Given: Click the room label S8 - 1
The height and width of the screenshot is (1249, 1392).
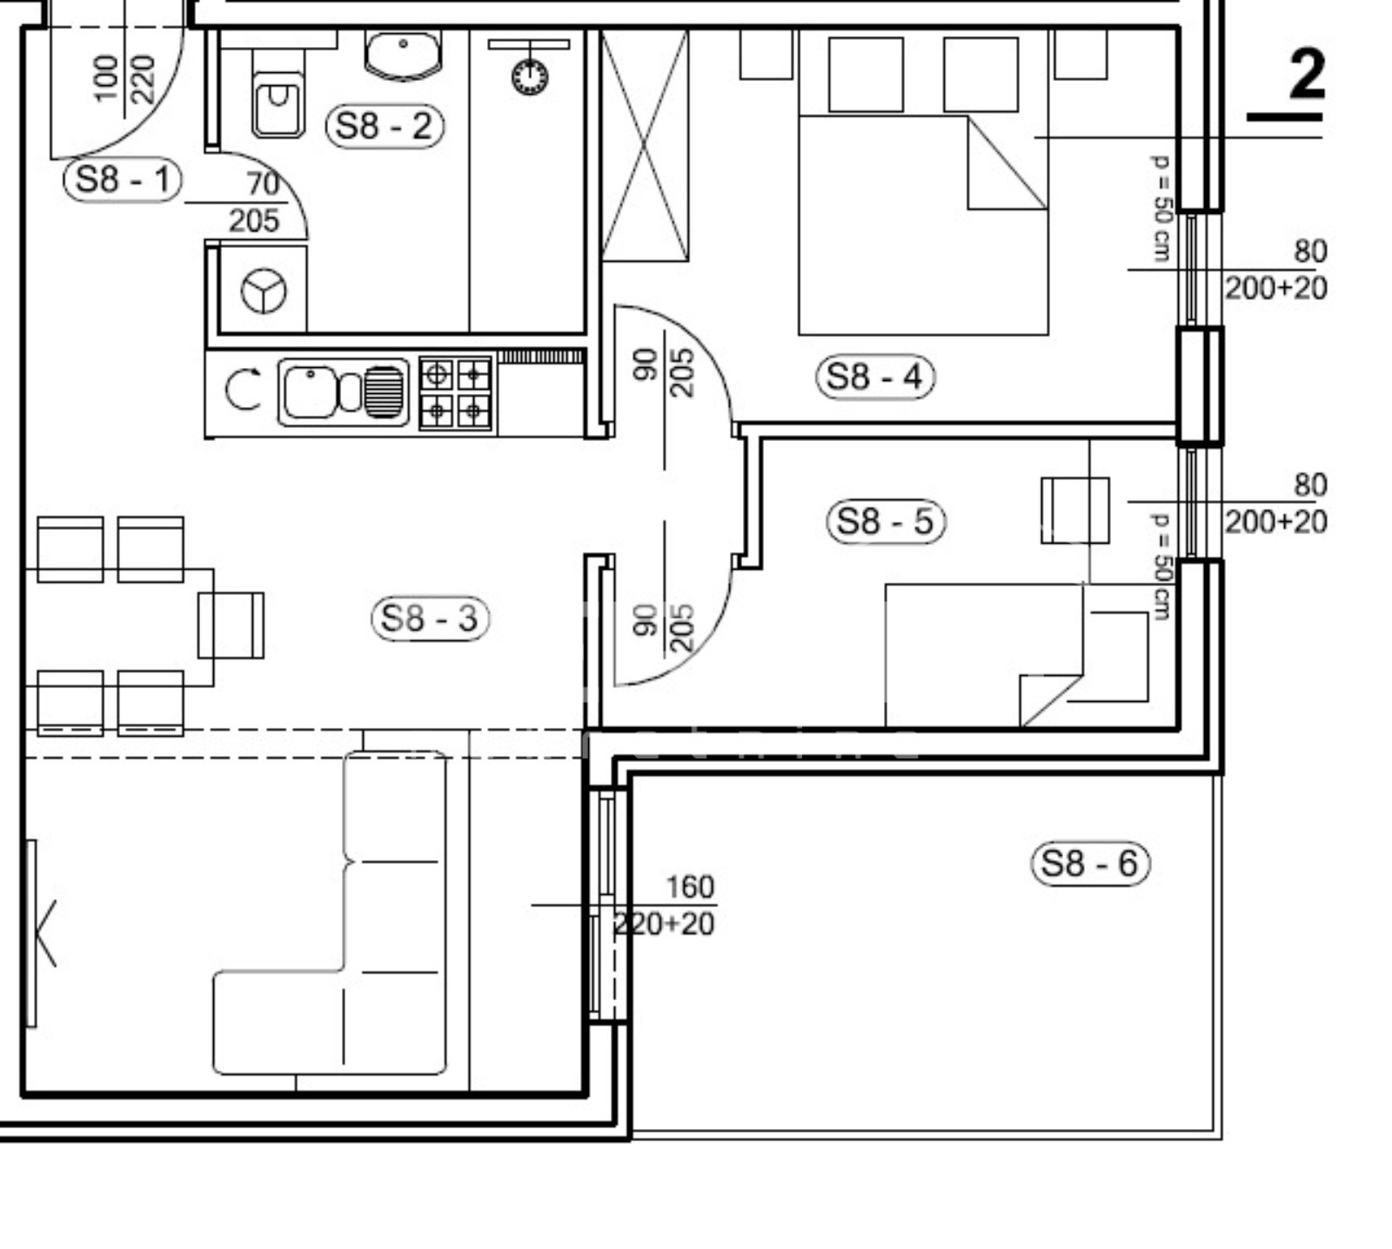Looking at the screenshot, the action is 122,180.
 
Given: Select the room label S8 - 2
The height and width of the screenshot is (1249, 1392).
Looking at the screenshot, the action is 384,126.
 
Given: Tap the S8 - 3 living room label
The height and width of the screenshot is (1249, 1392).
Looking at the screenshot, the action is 430,618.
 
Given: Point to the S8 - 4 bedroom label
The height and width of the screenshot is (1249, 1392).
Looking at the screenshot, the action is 874,377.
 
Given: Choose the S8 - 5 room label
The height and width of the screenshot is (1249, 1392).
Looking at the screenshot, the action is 885,521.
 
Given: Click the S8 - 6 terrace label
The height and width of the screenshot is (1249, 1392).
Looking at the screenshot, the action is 1089,864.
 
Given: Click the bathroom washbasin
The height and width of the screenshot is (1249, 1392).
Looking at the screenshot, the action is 403,55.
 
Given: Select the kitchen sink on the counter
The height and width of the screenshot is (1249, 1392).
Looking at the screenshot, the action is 343,392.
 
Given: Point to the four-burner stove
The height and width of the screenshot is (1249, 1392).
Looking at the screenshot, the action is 455,393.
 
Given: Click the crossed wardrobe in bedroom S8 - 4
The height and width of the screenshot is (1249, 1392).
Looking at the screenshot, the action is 645,145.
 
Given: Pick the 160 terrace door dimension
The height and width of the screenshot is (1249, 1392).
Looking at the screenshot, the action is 690,886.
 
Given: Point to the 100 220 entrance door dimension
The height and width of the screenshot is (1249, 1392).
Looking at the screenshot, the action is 124,77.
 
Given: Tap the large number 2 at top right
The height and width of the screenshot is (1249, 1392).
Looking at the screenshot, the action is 1306,75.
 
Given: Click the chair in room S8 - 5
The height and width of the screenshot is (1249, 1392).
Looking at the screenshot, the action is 1075,511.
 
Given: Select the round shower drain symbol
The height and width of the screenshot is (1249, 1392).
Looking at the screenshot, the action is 530,77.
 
